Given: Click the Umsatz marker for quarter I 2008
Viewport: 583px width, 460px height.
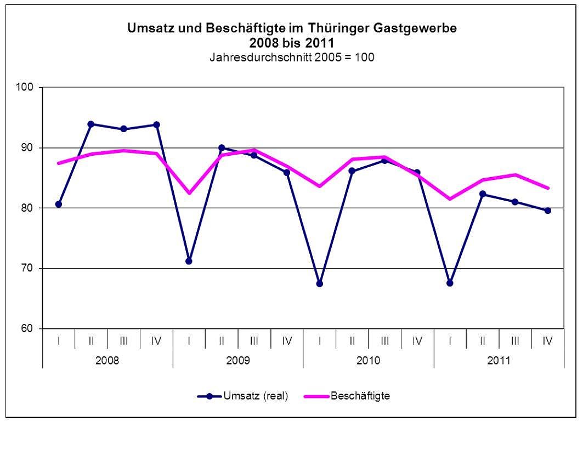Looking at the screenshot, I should pyautogui.click(x=59, y=204).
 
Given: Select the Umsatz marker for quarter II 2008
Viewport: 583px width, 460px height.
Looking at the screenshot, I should pyautogui.click(x=91, y=124).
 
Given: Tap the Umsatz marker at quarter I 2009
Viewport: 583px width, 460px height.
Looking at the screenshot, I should pyautogui.click(x=189, y=261).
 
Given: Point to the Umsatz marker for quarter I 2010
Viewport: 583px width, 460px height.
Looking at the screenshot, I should pyautogui.click(x=319, y=283).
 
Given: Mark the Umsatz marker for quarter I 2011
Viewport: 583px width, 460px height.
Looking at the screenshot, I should pyautogui.click(x=450, y=283).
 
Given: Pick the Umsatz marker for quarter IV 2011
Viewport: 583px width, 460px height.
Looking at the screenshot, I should pyautogui.click(x=547, y=210).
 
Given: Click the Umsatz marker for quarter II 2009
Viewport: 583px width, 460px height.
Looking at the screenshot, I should pyautogui.click(x=222, y=147).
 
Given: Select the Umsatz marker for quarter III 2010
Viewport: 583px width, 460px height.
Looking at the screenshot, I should pyautogui.click(x=384, y=160).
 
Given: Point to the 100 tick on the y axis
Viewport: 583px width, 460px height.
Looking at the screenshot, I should pyautogui.click(x=27, y=87).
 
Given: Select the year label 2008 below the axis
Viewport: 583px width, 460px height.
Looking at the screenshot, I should pyautogui.click(x=107, y=360).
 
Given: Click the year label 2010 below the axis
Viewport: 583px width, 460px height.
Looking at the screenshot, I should pyautogui.click(x=368, y=360).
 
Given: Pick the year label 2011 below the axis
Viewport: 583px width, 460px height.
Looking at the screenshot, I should pyautogui.click(x=499, y=360).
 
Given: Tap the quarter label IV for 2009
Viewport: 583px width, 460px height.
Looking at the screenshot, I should pyautogui.click(x=287, y=340).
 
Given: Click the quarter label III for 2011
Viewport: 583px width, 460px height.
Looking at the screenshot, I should pyautogui.click(x=515, y=340).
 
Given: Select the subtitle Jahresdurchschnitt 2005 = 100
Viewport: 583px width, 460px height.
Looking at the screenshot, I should pyautogui.click(x=292, y=57).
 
